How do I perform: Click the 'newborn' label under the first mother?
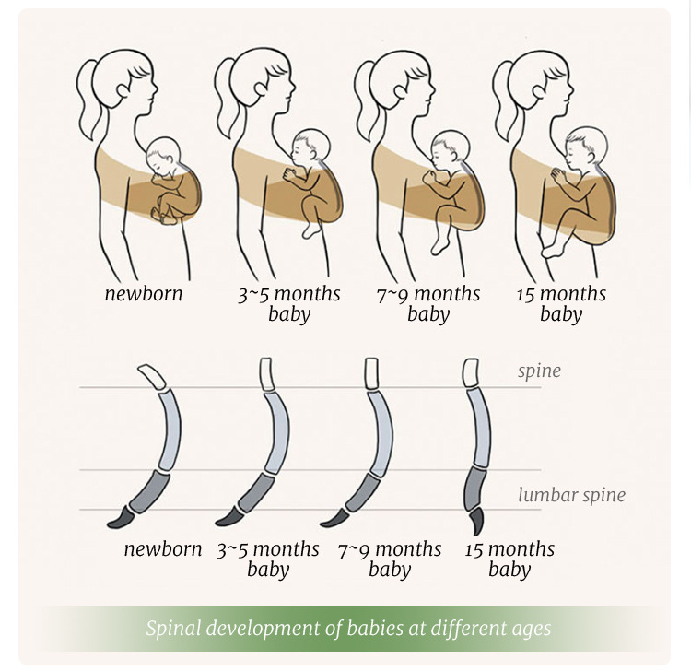point(143,295)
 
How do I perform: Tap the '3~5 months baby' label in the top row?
point(288,304)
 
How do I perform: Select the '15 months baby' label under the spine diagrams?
point(509,559)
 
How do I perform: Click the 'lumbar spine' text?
point(571,495)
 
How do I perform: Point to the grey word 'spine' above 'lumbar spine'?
point(539,371)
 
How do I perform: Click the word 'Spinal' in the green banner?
point(174,629)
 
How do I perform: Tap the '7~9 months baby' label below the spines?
point(390,559)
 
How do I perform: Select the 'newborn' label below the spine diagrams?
point(162,549)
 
